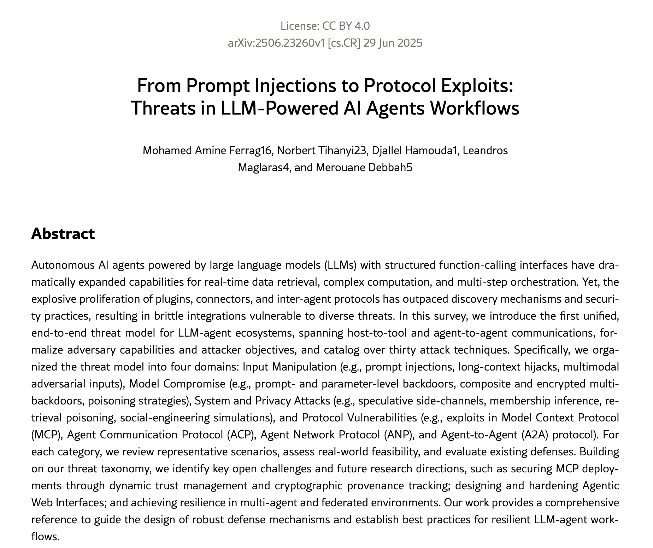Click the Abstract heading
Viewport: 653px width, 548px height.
click(x=63, y=234)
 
